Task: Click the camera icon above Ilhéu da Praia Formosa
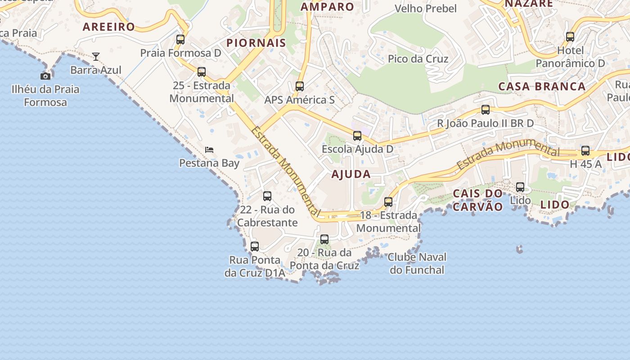pyautogui.click(x=45, y=76)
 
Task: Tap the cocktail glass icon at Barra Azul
pyautogui.click(x=96, y=57)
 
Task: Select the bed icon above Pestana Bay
pyautogui.click(x=209, y=149)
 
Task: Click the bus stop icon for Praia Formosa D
pyautogui.click(x=180, y=40)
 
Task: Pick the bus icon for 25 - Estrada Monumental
pyautogui.click(x=202, y=72)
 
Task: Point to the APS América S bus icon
pyautogui.click(x=300, y=86)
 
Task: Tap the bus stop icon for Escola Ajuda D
pyautogui.click(x=357, y=136)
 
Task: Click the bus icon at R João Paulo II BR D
pyautogui.click(x=486, y=110)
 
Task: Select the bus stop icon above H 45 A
pyautogui.click(x=585, y=151)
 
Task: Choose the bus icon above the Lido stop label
pyautogui.click(x=520, y=187)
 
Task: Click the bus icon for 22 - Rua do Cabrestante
pyautogui.click(x=267, y=196)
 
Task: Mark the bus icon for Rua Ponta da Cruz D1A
pyautogui.click(x=255, y=247)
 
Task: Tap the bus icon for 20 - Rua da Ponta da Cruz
pyautogui.click(x=324, y=239)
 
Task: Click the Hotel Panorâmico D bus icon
pyautogui.click(x=570, y=37)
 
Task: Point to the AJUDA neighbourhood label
pyautogui.click(x=351, y=174)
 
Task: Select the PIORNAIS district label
pyautogui.click(x=256, y=43)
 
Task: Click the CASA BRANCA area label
pyautogui.click(x=542, y=86)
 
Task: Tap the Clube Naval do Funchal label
pyautogui.click(x=417, y=264)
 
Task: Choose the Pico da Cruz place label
pyautogui.click(x=418, y=59)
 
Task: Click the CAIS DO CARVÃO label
pyautogui.click(x=478, y=200)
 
